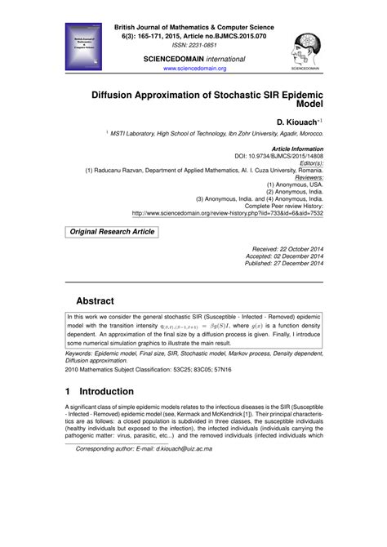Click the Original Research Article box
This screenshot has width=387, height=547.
tap(112, 232)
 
